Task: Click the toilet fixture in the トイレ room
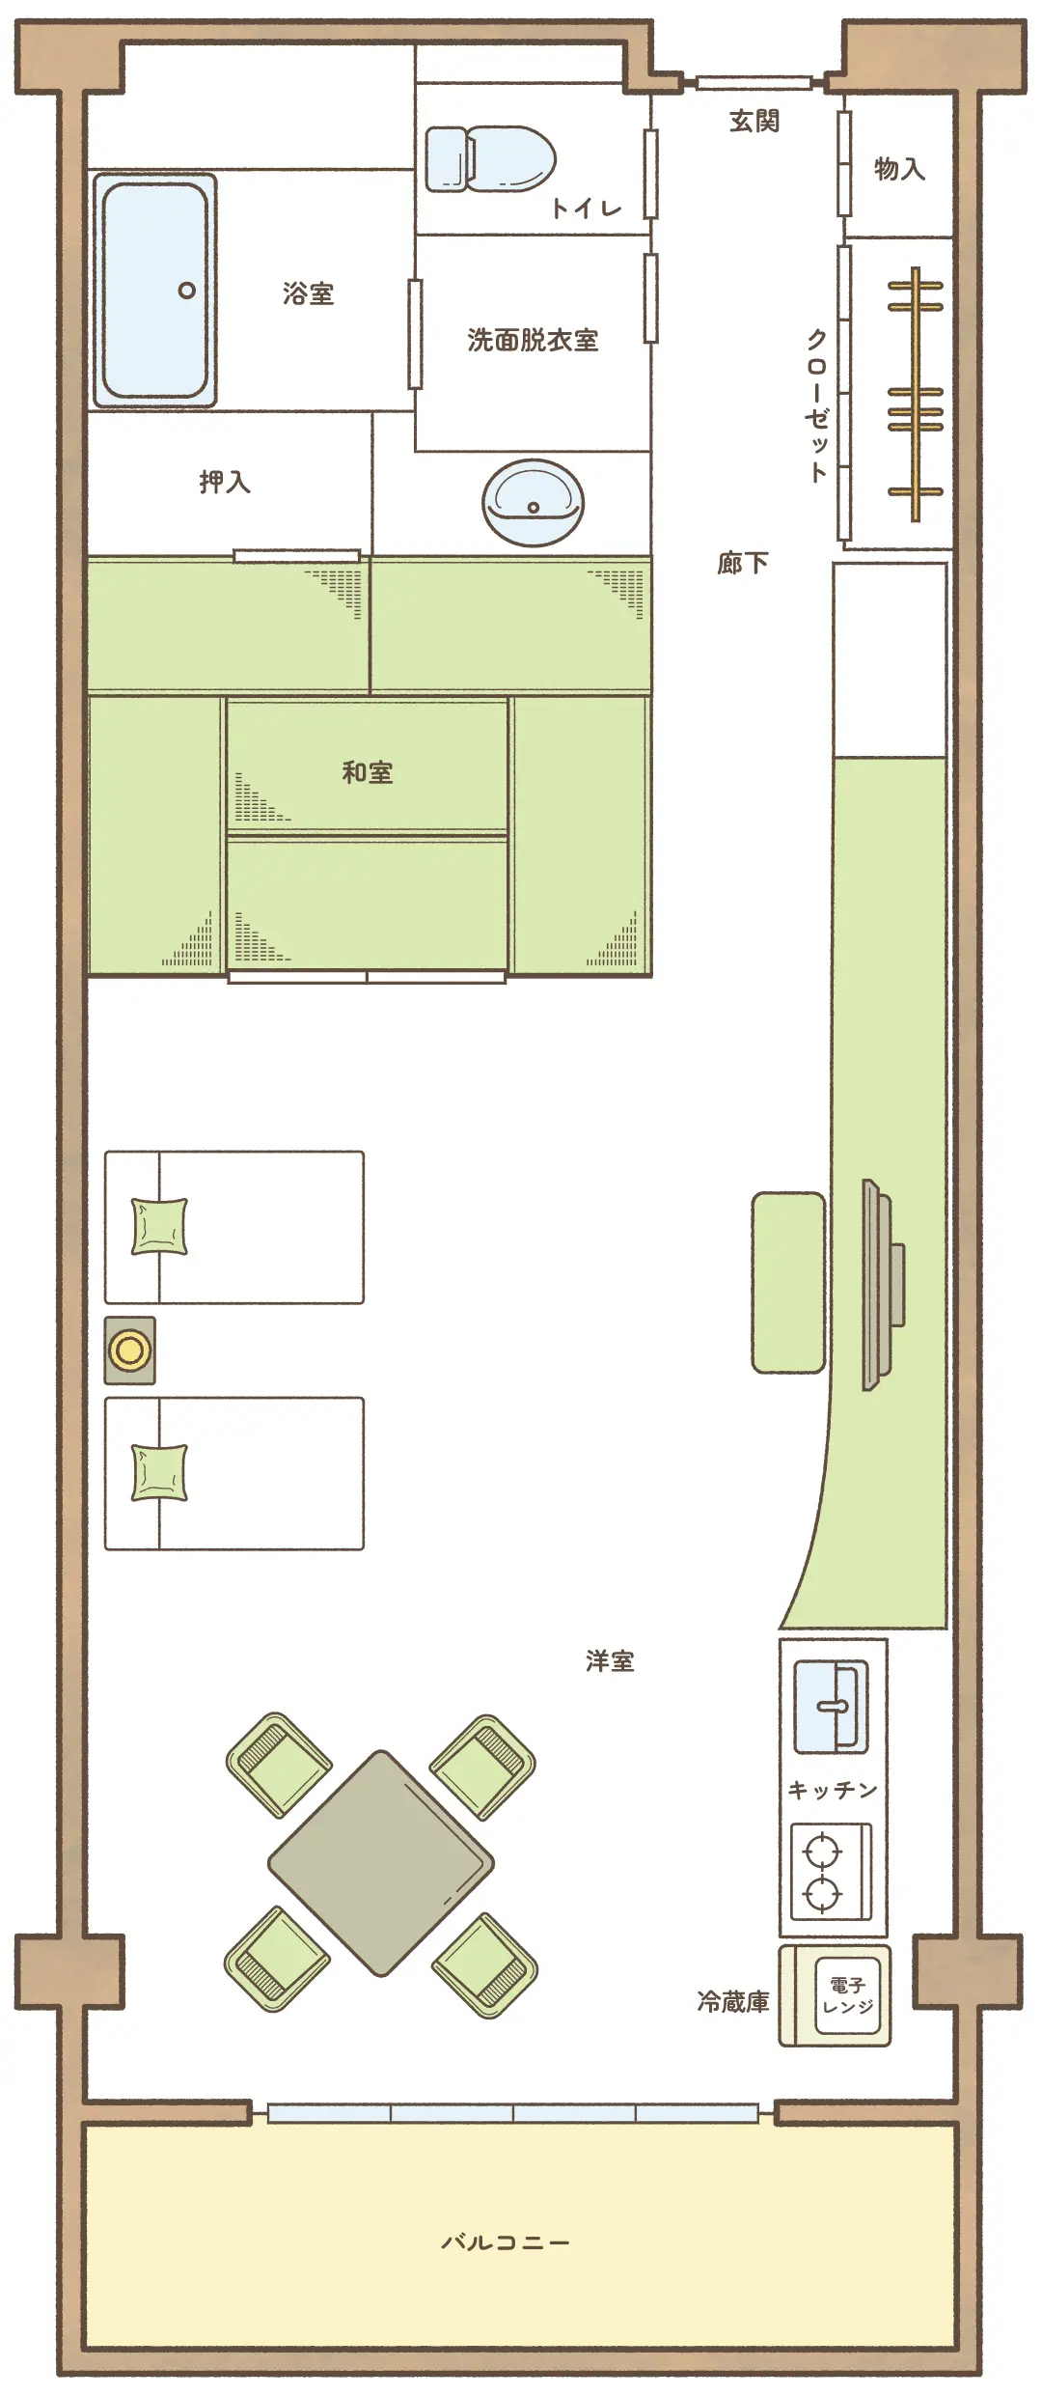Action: [x=491, y=158]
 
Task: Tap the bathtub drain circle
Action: [x=187, y=291]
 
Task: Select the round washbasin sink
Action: [x=534, y=502]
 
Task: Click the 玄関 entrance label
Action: [x=754, y=121]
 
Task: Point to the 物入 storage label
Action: [x=899, y=169]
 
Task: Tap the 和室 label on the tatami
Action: [x=368, y=772]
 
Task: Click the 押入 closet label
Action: [x=225, y=482]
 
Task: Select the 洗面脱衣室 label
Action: [x=533, y=340]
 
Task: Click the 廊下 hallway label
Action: [x=743, y=563]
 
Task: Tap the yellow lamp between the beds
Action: [x=129, y=1350]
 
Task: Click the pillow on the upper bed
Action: [x=159, y=1227]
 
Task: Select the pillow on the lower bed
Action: [x=159, y=1473]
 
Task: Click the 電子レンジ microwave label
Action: [x=848, y=1995]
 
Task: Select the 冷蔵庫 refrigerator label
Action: [x=733, y=2002]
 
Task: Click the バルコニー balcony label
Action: [x=506, y=2242]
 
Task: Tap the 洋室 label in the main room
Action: [x=610, y=1660]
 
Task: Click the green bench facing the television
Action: [x=788, y=1282]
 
